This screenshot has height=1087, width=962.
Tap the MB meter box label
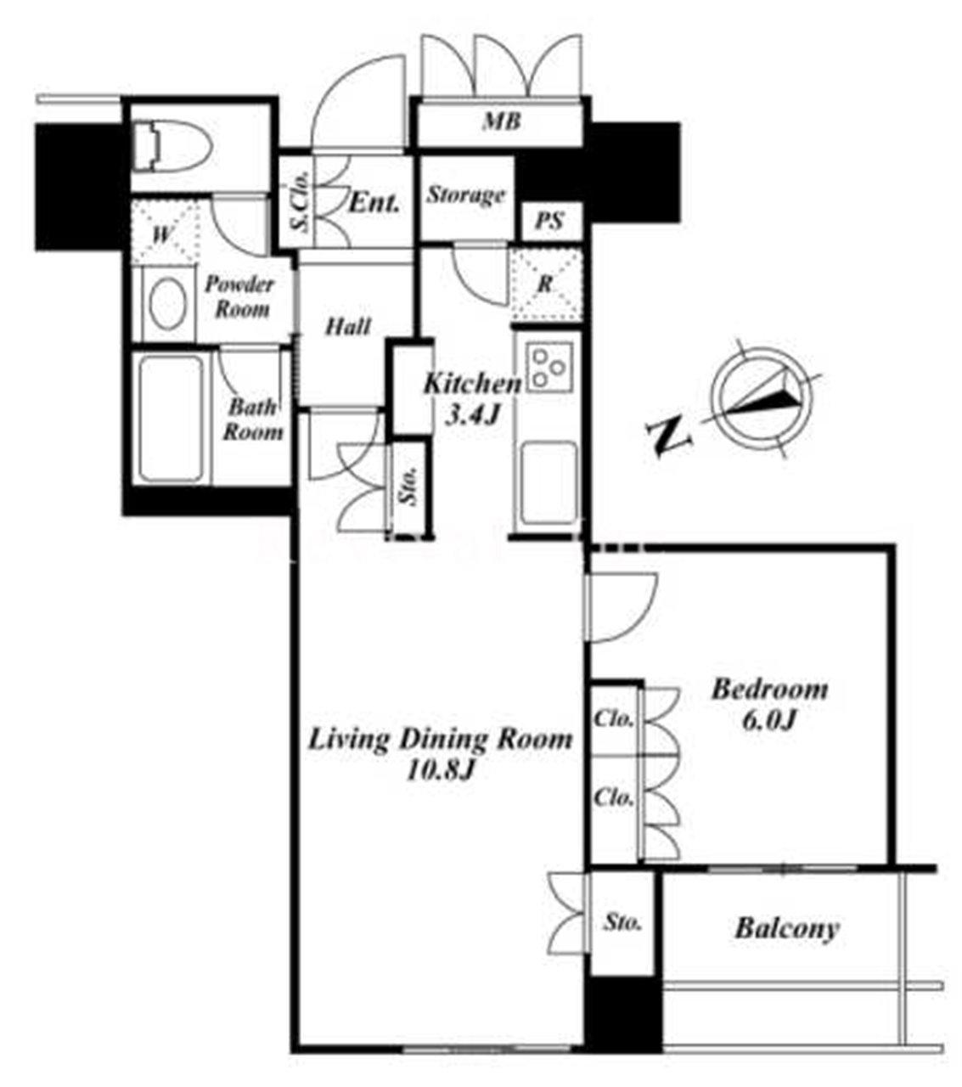(502, 121)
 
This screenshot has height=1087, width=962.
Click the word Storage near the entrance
(465, 194)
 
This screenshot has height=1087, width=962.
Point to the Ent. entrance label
(374, 203)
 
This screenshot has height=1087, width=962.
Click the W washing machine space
(162, 235)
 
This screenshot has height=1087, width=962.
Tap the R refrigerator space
(546, 284)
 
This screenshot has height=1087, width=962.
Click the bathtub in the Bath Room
(172, 420)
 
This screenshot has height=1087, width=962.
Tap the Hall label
(348, 326)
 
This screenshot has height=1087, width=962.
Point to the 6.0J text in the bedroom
(768, 721)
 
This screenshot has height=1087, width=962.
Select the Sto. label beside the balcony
(622, 923)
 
